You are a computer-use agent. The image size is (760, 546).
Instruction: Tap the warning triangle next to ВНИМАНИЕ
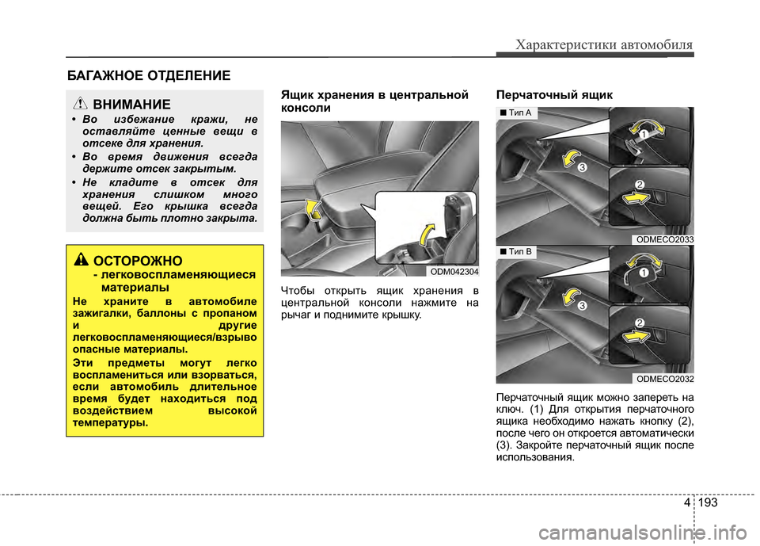[x=82, y=104]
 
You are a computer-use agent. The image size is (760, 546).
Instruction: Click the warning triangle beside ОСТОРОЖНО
[x=82, y=260]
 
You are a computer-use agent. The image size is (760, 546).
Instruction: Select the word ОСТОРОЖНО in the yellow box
[x=139, y=261]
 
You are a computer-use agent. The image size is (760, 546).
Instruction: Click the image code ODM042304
[x=454, y=271]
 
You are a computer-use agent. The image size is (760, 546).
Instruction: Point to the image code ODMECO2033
[x=665, y=239]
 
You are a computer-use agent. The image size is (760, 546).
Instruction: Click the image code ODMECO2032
[x=665, y=378]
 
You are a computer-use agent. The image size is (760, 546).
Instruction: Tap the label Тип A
[x=518, y=113]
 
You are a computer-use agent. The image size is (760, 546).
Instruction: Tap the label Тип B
[x=518, y=252]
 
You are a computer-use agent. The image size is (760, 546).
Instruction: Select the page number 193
[x=710, y=502]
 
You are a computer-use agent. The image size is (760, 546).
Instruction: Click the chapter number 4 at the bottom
[x=685, y=502]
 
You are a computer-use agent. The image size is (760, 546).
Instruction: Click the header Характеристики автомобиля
[x=604, y=44]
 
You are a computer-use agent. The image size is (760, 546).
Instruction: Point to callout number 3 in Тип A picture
[x=582, y=168]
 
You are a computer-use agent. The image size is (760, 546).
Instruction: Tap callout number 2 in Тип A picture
[x=639, y=185]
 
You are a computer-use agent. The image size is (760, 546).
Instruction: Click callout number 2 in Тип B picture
[x=638, y=322]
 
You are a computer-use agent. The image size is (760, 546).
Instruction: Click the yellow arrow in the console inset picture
[x=428, y=235]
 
